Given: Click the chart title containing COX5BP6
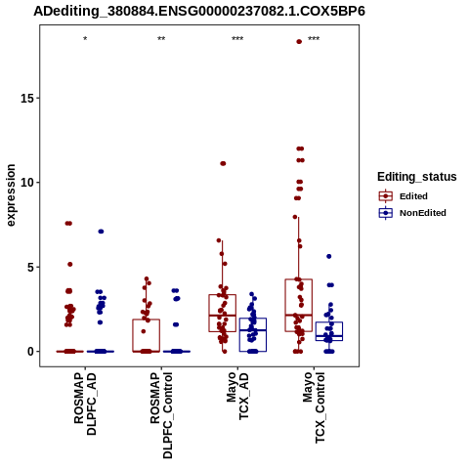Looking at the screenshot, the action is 199,12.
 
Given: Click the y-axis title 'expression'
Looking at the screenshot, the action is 11,195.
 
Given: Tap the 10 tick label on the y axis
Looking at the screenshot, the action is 27,183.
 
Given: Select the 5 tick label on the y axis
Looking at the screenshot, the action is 31,267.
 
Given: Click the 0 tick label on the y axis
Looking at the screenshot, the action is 31,352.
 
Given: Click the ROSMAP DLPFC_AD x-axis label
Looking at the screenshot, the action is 85,405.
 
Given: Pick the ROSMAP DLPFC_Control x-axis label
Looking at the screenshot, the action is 161,415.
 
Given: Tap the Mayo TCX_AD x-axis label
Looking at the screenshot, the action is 237,397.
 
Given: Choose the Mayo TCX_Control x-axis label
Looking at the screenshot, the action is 314,407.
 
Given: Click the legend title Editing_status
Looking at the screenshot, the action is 417,177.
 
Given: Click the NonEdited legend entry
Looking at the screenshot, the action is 412,213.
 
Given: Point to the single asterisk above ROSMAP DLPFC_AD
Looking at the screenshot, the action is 85,39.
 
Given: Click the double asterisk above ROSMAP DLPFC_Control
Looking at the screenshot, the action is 161,39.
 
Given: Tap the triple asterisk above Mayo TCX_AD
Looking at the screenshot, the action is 237,39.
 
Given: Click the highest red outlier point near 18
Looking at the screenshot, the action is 299,41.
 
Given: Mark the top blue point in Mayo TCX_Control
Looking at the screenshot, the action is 329,256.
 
